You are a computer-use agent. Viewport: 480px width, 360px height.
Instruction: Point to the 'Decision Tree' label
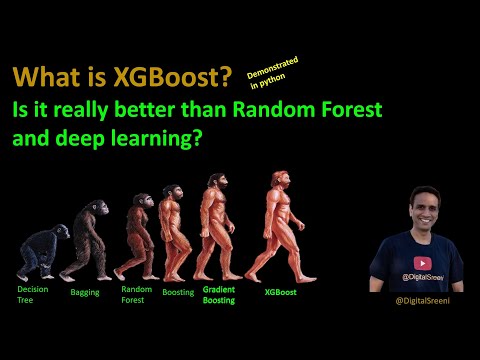pos(32,294)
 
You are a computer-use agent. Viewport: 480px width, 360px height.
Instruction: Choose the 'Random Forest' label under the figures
pos(137,294)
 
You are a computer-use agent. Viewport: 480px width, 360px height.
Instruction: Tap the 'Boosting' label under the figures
pos(178,293)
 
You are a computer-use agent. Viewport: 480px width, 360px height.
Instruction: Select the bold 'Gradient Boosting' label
pos(219,294)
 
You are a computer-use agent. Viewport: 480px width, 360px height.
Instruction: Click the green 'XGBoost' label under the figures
pos(280,294)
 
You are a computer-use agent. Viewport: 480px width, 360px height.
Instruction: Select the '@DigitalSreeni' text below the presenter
pos(420,299)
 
